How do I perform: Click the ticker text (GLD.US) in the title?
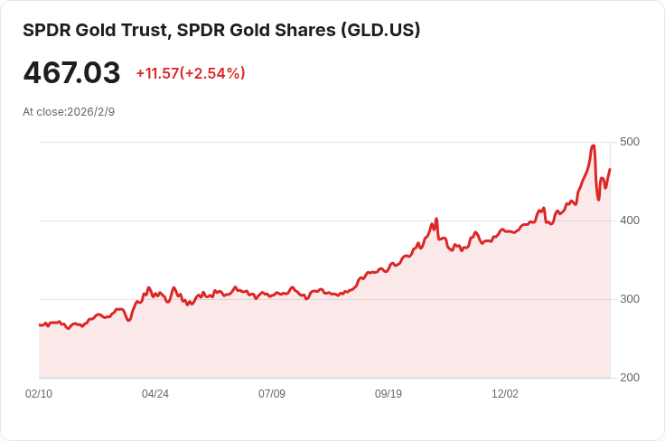pos(379,31)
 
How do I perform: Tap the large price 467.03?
pos(71,73)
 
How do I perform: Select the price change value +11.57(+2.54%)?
pos(191,73)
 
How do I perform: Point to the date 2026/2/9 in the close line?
pos(90,112)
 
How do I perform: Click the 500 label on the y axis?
pos(630,142)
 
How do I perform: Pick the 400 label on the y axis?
pos(630,220)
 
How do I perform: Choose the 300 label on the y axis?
pos(630,299)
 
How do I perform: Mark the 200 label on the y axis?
pos(630,378)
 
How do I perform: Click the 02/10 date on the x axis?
pos(39,394)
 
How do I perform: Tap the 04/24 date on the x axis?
pos(155,394)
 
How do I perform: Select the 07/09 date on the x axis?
pos(272,394)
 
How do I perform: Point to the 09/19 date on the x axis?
pos(389,394)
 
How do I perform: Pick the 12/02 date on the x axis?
pos(505,394)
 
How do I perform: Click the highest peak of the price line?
pos(593,145)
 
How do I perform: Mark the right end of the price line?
pos(610,170)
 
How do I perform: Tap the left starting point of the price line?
pos(40,324)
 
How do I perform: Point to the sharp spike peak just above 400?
pos(436,219)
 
